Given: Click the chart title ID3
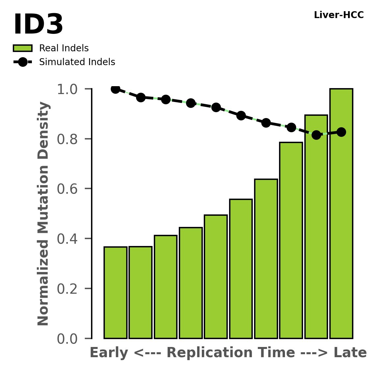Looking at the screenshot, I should tap(38, 25).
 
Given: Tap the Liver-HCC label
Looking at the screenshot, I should tap(339, 15).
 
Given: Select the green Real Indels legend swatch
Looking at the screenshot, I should tap(23, 48).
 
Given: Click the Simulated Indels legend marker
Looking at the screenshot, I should tap(23, 62).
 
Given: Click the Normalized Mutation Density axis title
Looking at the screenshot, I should tap(43, 214).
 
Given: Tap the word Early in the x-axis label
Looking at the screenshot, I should tap(109, 353).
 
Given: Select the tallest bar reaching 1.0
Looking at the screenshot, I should tap(341, 214).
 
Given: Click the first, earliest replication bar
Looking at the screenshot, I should tap(115, 293).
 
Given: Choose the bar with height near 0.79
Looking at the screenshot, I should tap(291, 240).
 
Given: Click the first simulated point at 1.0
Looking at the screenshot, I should tap(115, 89).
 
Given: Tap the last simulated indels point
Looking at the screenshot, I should tap(341, 132).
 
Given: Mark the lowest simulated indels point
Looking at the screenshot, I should tap(316, 135).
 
